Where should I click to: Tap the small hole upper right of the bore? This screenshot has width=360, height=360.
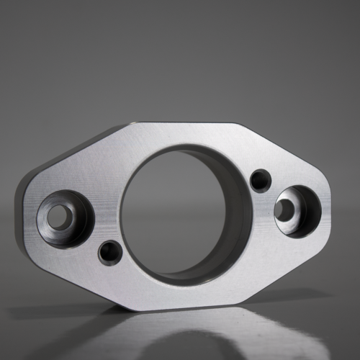tap(260, 179)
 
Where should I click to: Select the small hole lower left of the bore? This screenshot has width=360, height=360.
tap(109, 251)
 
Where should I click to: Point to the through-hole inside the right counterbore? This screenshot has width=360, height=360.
tap(284, 210)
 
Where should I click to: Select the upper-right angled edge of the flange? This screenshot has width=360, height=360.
tap(281, 148)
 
